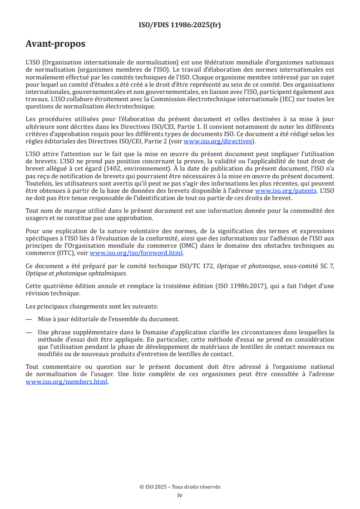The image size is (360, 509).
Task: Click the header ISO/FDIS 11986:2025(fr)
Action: pyautogui.click(x=180, y=25)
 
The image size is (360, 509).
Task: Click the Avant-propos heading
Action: pyautogui.click(x=55, y=44)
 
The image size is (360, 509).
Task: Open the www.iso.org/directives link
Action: pyautogui.click(x=217, y=141)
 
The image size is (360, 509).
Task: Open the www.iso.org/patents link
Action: pyautogui.click(x=286, y=191)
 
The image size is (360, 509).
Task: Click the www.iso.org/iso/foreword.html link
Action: pyautogui.click(x=136, y=253)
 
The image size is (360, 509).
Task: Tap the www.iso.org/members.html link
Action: pyautogui.click(x=67, y=382)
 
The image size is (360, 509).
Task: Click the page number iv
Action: pyautogui.click(x=180, y=495)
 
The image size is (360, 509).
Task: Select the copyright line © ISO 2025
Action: pyautogui.click(x=180, y=487)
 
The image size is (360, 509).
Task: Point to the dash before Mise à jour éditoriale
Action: pyautogui.click(x=29, y=319)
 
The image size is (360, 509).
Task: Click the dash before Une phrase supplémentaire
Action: pyautogui.click(x=29, y=332)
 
